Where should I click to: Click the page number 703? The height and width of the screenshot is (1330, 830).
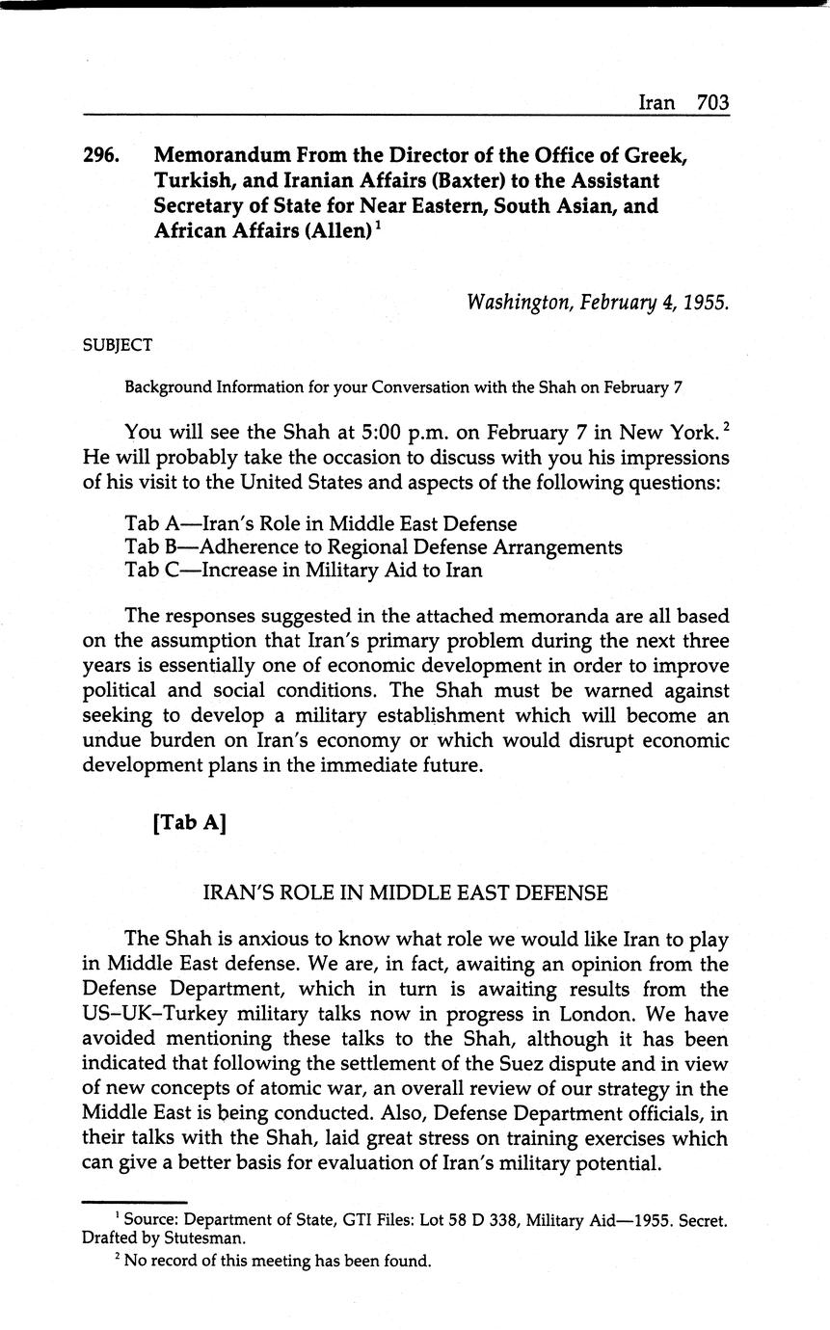(712, 102)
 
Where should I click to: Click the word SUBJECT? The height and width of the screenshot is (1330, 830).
(118, 344)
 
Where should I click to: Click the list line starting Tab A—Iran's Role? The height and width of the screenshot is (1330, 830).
(320, 524)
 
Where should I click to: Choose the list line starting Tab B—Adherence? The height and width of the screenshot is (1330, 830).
(373, 547)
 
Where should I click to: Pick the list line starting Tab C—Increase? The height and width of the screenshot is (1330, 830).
(303, 570)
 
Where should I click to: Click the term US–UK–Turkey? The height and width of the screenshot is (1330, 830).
(150, 1014)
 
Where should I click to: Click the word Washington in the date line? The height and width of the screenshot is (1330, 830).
(519, 303)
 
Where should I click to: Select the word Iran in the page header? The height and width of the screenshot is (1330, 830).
(656, 102)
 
